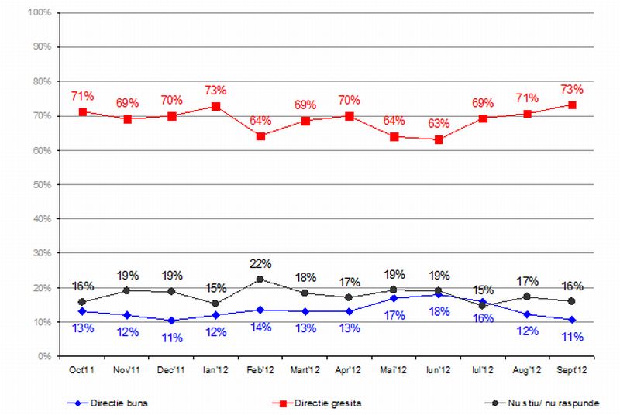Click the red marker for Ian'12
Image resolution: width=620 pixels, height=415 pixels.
216,106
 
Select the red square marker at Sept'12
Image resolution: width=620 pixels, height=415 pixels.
572,105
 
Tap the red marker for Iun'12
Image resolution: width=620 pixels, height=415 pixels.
439,139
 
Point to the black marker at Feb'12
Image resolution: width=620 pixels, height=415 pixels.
260,279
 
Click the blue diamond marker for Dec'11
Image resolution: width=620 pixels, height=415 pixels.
172,320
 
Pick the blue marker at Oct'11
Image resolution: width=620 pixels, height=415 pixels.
83,311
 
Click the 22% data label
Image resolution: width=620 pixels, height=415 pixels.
260,264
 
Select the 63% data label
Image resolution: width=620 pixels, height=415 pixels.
439,123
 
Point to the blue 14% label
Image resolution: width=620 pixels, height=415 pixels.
260,327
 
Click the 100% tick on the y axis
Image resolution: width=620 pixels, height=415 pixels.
40,13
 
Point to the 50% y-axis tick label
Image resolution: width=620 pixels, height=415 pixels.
42,185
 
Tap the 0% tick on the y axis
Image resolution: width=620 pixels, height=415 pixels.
44,357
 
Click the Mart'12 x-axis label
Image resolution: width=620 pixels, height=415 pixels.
305,371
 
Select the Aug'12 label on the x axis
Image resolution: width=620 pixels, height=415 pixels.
528,371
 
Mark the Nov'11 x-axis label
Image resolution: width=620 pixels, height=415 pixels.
127,371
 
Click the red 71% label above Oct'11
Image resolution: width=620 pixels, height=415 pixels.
83,96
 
